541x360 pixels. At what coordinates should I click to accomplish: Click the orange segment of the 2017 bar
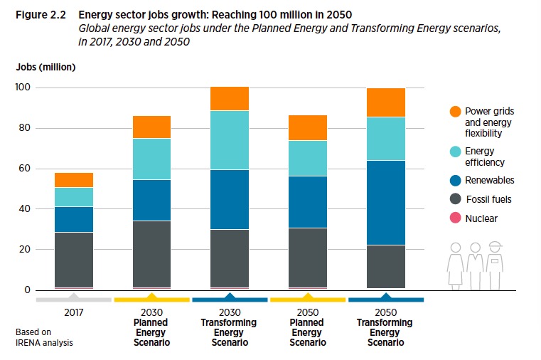pyautogui.click(x=74, y=180)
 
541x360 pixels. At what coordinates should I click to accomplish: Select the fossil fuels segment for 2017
pyautogui.click(x=74, y=260)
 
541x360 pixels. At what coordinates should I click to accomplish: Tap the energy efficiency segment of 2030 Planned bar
pyautogui.click(x=151, y=159)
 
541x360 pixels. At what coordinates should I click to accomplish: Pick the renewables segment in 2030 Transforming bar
pyautogui.click(x=230, y=199)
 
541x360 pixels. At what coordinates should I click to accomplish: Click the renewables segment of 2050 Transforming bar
pyautogui.click(x=386, y=203)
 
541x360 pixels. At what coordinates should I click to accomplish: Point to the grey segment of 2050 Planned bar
pyautogui.click(x=308, y=258)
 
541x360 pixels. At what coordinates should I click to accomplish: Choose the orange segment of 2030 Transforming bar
pyautogui.click(x=230, y=98)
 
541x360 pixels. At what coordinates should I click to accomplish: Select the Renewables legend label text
pyautogui.click(x=489, y=181)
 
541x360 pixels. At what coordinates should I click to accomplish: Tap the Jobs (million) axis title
pyautogui.click(x=45, y=68)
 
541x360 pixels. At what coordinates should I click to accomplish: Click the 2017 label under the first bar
pyautogui.click(x=74, y=312)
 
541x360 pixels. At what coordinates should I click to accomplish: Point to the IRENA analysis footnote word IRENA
pyautogui.click(x=29, y=343)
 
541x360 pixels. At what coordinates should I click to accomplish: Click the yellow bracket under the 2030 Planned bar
pyautogui.click(x=151, y=300)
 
